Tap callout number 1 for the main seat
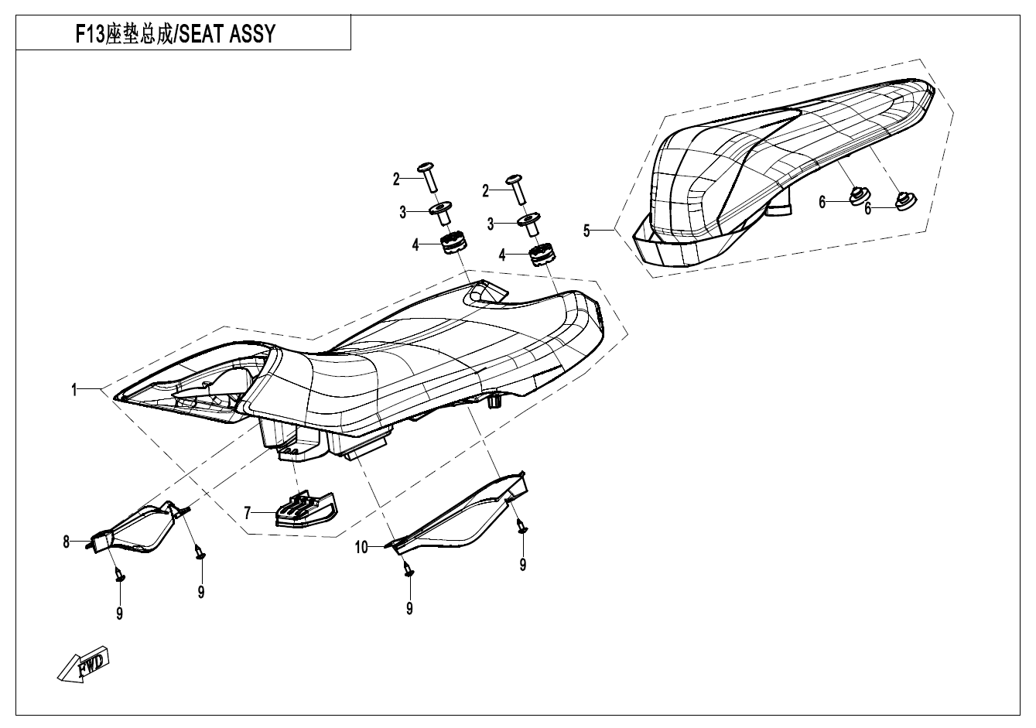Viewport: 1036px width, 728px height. [x=74, y=391]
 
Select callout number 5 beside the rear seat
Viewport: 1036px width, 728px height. [x=586, y=231]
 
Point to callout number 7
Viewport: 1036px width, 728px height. [x=248, y=512]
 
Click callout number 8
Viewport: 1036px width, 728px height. [x=67, y=542]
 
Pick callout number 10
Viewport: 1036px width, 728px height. [x=361, y=548]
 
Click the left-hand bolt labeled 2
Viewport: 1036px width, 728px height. [x=428, y=177]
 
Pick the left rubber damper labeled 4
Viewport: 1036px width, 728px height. [x=454, y=244]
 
